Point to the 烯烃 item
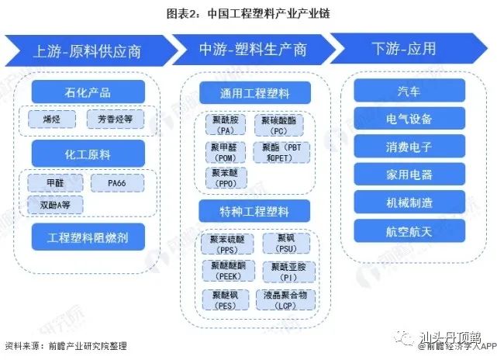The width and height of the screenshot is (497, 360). (x=53, y=119)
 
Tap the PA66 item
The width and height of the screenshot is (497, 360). (x=116, y=182)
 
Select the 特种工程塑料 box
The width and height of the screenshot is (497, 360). (x=244, y=209)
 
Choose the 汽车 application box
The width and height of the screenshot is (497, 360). (x=409, y=90)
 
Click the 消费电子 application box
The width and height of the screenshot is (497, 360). (x=409, y=146)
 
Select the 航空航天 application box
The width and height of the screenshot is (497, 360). (x=409, y=230)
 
